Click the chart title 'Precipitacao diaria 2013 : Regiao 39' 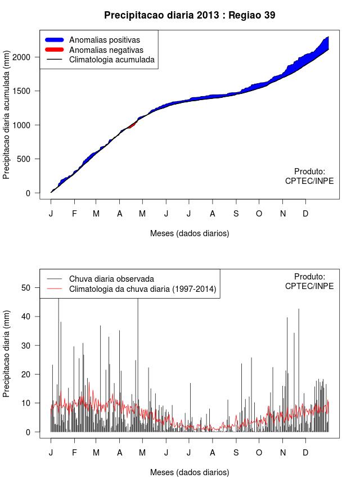tap(190, 15)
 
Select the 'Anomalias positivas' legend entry tap(104, 40)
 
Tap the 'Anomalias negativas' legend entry tap(106, 50)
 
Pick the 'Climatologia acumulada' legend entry tap(111, 60)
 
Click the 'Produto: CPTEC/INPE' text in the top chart tap(309, 176)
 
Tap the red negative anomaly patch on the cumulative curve tap(131, 126)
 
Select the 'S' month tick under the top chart tap(236, 214)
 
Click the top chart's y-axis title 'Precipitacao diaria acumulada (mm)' tap(7, 119)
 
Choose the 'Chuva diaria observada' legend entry tap(111, 279)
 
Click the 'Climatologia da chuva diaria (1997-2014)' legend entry tap(142, 289)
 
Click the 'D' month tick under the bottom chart tap(305, 452)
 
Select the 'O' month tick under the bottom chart tap(259, 452)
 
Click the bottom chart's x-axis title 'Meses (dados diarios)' tap(190, 472)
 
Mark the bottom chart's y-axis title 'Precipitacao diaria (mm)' tap(7, 353)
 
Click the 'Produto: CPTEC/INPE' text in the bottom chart tap(309, 281)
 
